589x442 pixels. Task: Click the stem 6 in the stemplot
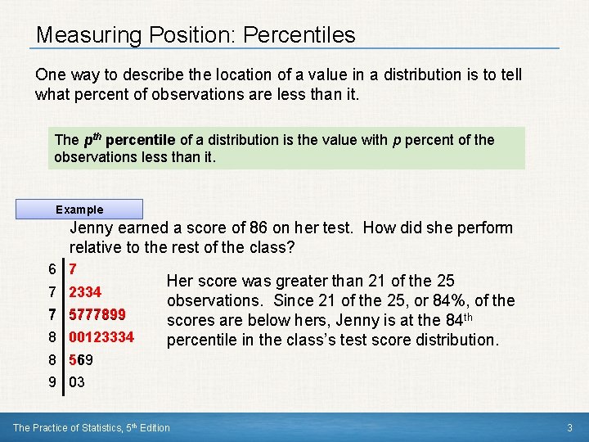(x=52, y=269)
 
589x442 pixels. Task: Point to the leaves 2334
(x=85, y=292)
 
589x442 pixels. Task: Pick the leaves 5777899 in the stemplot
(x=97, y=314)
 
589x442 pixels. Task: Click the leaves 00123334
(x=101, y=336)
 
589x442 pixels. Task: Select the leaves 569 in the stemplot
(x=81, y=359)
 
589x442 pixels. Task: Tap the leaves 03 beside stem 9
(x=77, y=381)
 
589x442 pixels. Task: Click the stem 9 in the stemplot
(x=52, y=381)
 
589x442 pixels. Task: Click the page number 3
(x=569, y=427)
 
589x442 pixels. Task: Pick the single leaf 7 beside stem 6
(x=74, y=269)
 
